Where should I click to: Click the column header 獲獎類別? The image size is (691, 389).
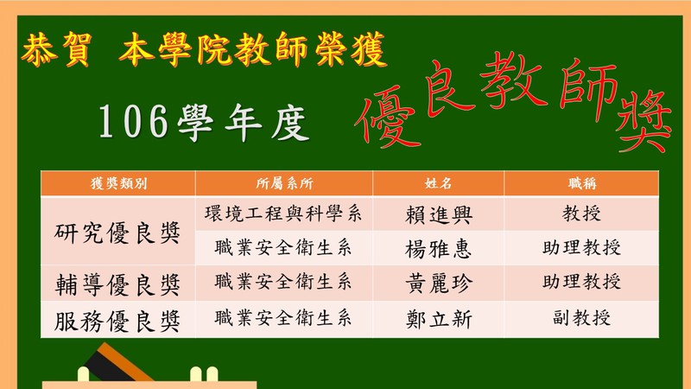[118, 183]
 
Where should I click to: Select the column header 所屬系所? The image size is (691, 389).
[284, 183]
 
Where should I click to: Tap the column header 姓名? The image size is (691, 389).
[439, 183]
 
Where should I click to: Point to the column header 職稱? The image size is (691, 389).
[581, 183]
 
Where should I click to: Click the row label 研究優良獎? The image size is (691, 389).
[117, 233]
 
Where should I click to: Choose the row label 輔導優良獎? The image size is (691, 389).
[117, 284]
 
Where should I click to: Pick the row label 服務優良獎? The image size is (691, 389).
[117, 321]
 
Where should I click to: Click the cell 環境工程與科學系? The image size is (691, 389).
[283, 214]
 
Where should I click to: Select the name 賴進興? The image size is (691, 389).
[439, 215]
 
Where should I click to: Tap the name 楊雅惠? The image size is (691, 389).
[439, 249]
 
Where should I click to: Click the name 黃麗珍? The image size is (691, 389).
[439, 283]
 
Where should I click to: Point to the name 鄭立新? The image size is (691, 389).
[439, 319]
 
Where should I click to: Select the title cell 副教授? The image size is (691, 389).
[581, 317]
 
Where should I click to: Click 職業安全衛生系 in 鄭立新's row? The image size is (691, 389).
[283, 318]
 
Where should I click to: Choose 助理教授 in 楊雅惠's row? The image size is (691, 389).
[581, 247]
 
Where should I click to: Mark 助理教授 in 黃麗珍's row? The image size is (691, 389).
[581, 282]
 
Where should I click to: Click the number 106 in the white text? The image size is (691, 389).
[133, 121]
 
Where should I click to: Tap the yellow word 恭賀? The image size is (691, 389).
[56, 49]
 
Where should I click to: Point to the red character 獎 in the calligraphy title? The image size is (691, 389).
[644, 120]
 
